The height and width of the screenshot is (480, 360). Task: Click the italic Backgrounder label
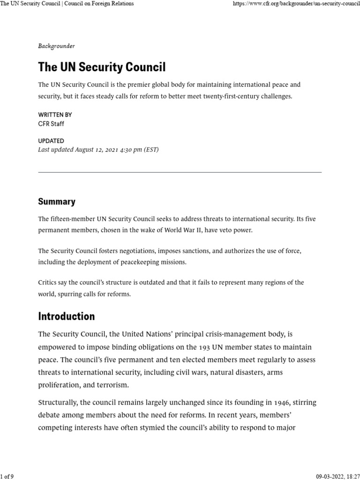pyautogui.click(x=56, y=46)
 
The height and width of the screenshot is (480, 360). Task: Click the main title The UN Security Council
pyautogui.click(x=102, y=67)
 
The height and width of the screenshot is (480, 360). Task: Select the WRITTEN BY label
pyautogui.click(x=55, y=115)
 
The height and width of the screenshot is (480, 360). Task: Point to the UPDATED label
pyautogui.click(x=51, y=141)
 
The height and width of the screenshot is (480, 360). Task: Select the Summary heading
pyautogui.click(x=57, y=202)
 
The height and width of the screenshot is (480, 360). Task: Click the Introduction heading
pyautogui.click(x=66, y=316)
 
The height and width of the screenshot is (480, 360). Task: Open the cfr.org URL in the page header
pyautogui.click(x=296, y=4)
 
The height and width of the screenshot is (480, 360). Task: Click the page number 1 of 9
pyautogui.click(x=7, y=476)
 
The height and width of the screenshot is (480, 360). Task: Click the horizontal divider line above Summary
pyautogui.click(x=180, y=172)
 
